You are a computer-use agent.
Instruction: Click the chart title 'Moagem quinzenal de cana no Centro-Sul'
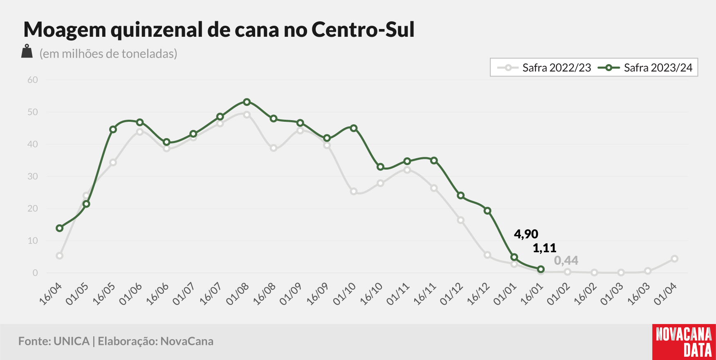[x=219, y=29]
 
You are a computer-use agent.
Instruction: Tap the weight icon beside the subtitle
[x=27, y=51]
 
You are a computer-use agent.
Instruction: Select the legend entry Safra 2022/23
[x=544, y=68]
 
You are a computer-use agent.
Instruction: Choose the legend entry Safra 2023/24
[x=646, y=68]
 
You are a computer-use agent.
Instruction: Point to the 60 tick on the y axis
[x=33, y=80]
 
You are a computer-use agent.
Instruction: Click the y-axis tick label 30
[x=33, y=177]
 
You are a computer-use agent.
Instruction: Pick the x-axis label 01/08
[x=238, y=294]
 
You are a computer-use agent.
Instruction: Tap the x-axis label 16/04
[x=50, y=294]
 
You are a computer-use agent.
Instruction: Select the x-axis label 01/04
[x=665, y=294]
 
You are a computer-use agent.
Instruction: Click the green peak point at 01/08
[x=247, y=102]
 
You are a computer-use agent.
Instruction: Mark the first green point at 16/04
[x=60, y=228]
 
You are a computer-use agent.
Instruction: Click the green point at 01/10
[x=354, y=128]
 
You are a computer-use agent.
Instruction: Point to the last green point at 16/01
[x=541, y=269]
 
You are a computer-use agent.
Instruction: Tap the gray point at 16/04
[x=60, y=256]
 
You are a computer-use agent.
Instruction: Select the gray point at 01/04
[x=675, y=259]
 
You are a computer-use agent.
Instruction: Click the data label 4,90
[x=526, y=234]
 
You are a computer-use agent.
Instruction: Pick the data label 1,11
[x=545, y=248]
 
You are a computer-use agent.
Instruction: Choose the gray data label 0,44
[x=566, y=261]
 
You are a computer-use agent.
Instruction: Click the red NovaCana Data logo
[x=684, y=342]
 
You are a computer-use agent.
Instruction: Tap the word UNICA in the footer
[x=72, y=341]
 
